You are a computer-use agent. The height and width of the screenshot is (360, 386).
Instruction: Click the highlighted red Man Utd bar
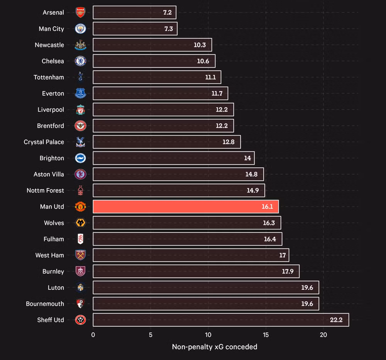pyautogui.click(x=185, y=207)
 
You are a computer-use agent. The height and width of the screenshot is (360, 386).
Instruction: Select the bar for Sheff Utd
pyautogui.click(x=220, y=320)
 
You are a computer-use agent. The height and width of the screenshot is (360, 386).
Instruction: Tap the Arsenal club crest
pyautogui.click(x=80, y=12)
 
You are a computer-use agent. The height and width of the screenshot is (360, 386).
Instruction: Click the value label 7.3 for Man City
pyautogui.click(x=168, y=29)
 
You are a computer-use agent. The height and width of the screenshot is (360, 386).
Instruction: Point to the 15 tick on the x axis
pyautogui.click(x=266, y=335)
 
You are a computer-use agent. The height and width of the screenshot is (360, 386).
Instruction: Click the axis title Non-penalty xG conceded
pyautogui.click(x=214, y=347)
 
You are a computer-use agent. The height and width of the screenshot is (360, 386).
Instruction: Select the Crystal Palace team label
pyautogui.click(x=44, y=142)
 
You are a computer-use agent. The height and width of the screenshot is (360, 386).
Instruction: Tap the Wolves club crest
pyautogui.click(x=80, y=223)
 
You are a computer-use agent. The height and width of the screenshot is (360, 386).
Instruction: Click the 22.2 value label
pyautogui.click(x=336, y=320)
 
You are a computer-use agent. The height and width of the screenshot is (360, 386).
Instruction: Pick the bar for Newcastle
pyautogui.click(x=152, y=45)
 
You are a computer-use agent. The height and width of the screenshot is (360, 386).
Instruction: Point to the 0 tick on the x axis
pyautogui.click(x=93, y=335)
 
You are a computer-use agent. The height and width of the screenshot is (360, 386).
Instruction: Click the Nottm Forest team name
pyautogui.click(x=45, y=190)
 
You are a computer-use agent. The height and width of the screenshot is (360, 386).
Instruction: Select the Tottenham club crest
pyautogui.click(x=80, y=77)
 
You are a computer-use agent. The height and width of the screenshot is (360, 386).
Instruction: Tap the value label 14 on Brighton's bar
pyautogui.click(x=247, y=158)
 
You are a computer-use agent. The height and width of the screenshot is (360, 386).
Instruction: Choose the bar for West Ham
pyautogui.click(x=191, y=255)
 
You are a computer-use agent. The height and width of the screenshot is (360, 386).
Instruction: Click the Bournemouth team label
pyautogui.click(x=45, y=304)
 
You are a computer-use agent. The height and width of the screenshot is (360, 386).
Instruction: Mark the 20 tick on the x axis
pyautogui.click(x=323, y=335)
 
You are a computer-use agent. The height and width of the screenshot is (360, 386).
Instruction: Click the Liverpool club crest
pyautogui.click(x=80, y=110)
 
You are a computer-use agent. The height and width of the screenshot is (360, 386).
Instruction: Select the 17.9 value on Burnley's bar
pyautogui.click(x=288, y=271)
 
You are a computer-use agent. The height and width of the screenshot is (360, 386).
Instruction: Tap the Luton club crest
pyautogui.click(x=80, y=287)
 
